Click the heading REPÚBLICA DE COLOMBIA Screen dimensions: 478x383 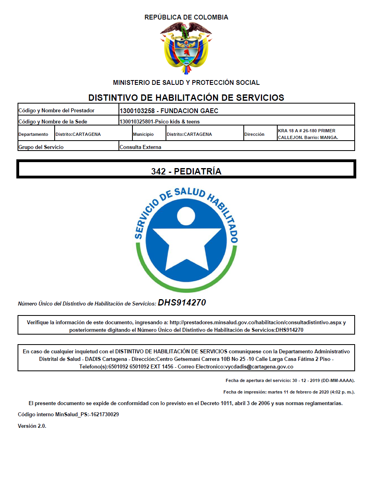[x=186, y=18]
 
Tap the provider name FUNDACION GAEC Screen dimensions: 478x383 [x=189, y=111]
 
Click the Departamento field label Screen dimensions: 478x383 [x=33, y=134]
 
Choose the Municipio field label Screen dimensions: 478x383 [x=144, y=134]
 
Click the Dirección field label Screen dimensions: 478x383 [x=254, y=134]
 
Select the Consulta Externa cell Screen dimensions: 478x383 [x=140, y=147]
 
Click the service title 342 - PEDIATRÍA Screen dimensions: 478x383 [x=186, y=171]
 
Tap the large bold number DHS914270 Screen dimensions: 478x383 [x=182, y=303]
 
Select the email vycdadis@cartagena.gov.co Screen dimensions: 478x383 [x=259, y=366]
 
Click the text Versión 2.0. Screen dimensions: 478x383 [x=32, y=426]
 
